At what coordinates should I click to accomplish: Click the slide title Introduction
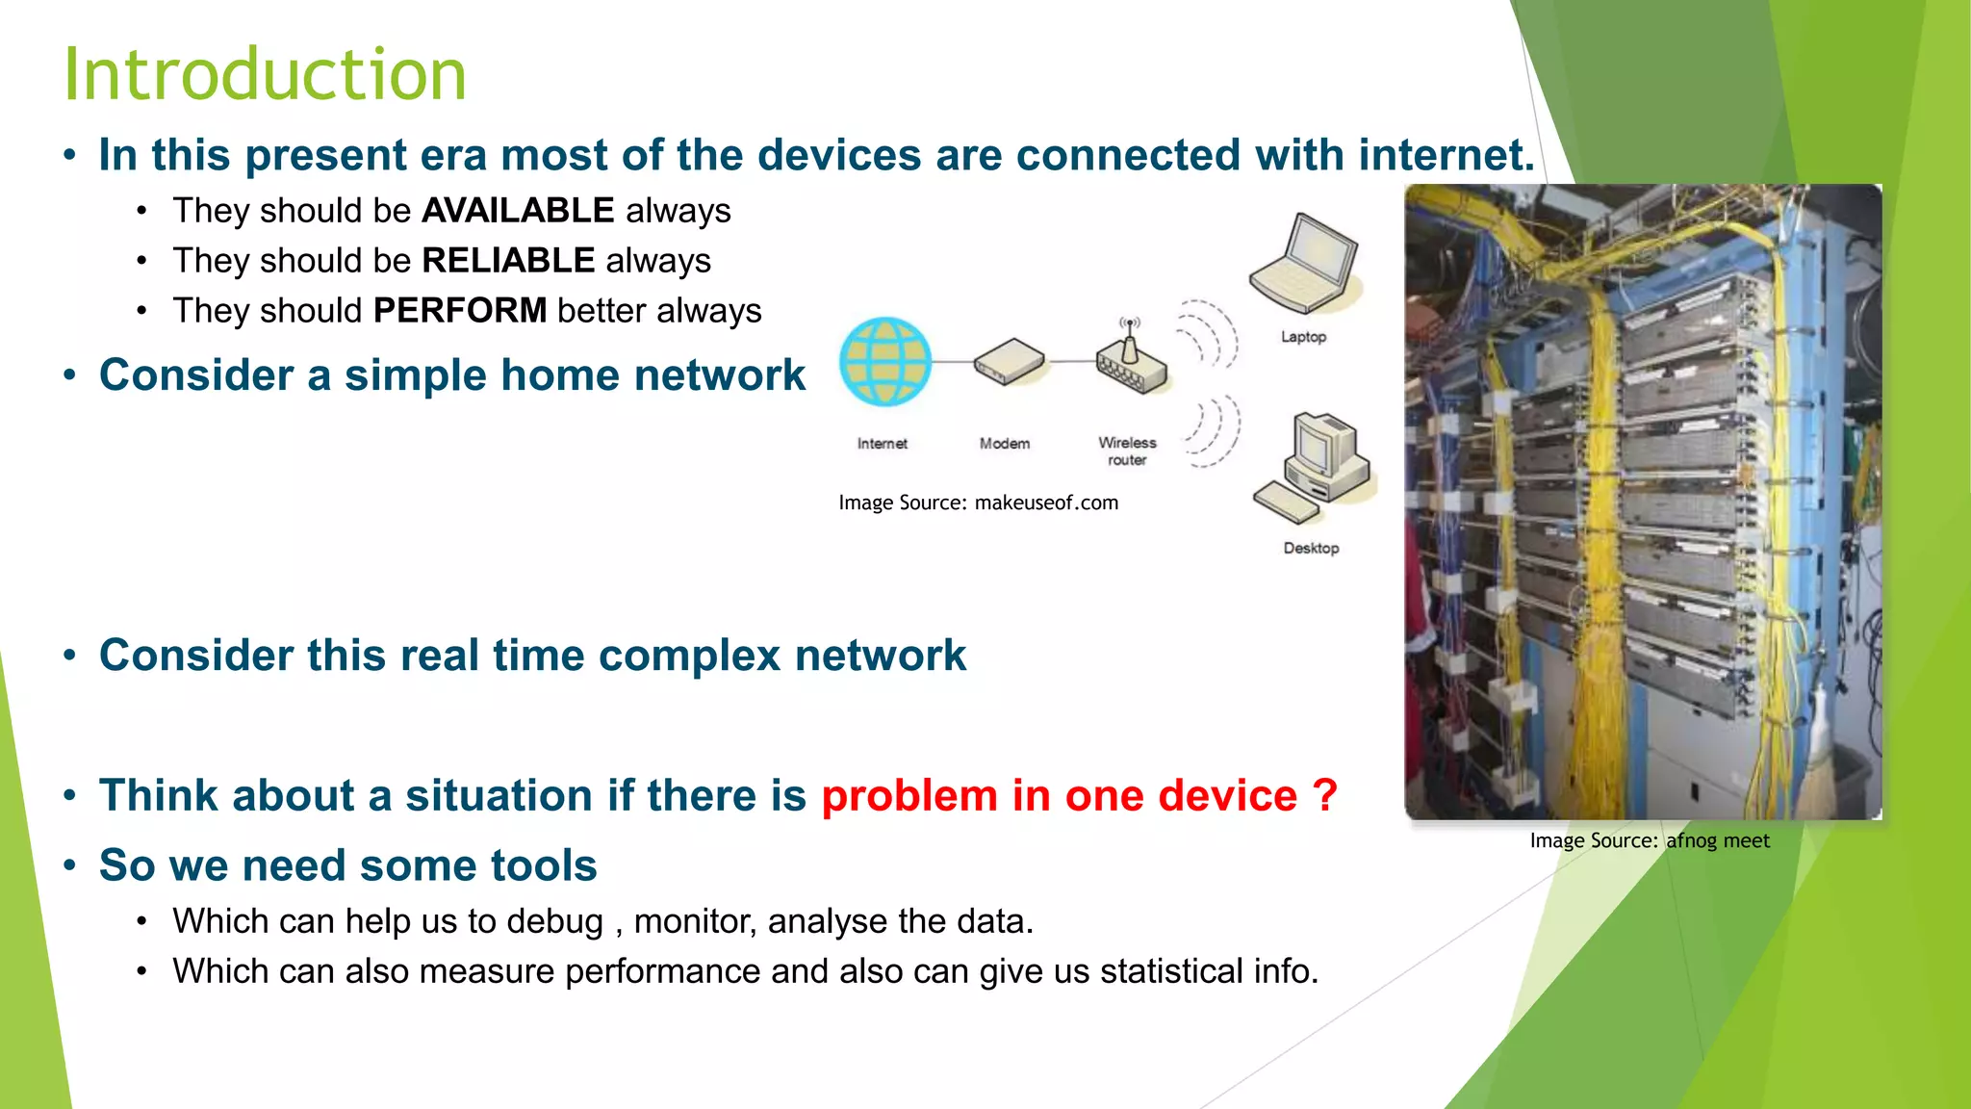coord(265,75)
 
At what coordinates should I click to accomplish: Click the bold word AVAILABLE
coord(518,211)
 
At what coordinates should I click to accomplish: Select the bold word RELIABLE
coord(508,261)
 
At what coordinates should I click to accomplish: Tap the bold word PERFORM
coord(460,311)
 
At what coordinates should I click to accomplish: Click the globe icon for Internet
coord(885,362)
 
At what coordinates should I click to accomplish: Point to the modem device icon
coord(1008,362)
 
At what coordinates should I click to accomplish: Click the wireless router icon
coord(1131,360)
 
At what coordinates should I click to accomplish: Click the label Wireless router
coord(1127,451)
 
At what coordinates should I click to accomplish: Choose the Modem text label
coord(1004,444)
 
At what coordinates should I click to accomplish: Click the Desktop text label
coord(1311,548)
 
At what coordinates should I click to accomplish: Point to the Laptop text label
coord(1303,337)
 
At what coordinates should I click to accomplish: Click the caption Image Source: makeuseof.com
coord(978,503)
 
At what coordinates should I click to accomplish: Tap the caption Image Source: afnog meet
coord(1650,840)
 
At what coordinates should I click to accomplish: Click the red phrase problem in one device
coord(1059,796)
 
